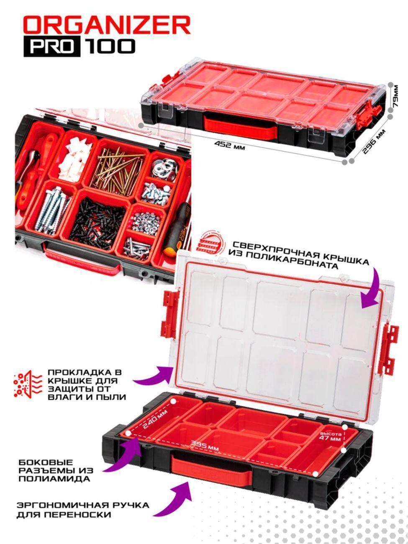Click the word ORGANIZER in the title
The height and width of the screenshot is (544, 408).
point(107,26)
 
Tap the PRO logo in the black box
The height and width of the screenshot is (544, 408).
point(52,47)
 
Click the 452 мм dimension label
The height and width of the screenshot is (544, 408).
point(229,145)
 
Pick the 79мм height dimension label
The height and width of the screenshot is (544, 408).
point(395,96)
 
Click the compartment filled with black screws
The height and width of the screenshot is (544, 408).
point(97,223)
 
